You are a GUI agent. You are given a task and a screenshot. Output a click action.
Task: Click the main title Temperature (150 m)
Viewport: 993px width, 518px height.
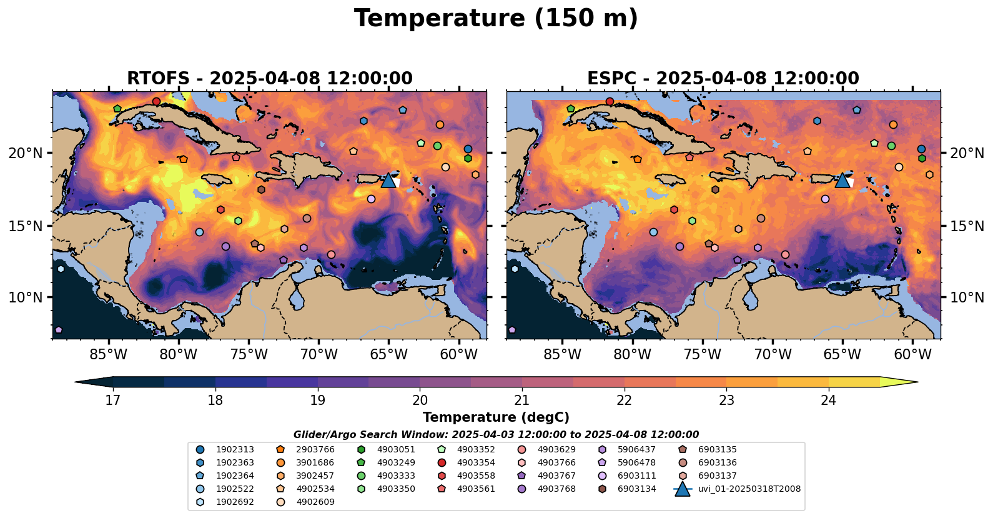pos(496,19)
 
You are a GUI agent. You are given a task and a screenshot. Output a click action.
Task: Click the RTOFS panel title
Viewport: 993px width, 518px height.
pos(269,79)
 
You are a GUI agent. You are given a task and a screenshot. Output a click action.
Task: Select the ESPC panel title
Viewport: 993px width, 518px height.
pos(723,79)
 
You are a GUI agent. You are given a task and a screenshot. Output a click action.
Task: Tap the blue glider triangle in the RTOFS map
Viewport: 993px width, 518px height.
pos(388,181)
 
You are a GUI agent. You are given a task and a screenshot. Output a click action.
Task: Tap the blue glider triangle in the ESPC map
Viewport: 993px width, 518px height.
pos(842,181)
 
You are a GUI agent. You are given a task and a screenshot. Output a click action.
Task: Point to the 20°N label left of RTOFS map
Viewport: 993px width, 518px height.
pos(26,153)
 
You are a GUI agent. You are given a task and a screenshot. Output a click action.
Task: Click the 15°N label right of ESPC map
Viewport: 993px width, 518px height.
pos(967,226)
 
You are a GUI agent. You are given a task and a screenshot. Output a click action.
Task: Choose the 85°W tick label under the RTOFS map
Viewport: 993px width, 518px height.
pos(108,355)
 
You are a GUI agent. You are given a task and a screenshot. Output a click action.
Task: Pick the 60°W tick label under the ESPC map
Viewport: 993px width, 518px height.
pos(912,355)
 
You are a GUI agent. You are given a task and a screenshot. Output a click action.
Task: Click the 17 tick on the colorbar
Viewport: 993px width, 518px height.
pos(112,401)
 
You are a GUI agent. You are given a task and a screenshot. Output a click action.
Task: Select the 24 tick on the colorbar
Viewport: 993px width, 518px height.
pos(828,401)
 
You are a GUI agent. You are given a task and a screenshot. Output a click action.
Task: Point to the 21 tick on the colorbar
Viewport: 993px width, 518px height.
pos(521,401)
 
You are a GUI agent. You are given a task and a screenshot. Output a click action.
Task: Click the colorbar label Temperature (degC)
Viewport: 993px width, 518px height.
pos(496,417)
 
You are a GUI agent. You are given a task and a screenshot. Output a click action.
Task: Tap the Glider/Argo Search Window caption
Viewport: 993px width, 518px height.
pos(496,435)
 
